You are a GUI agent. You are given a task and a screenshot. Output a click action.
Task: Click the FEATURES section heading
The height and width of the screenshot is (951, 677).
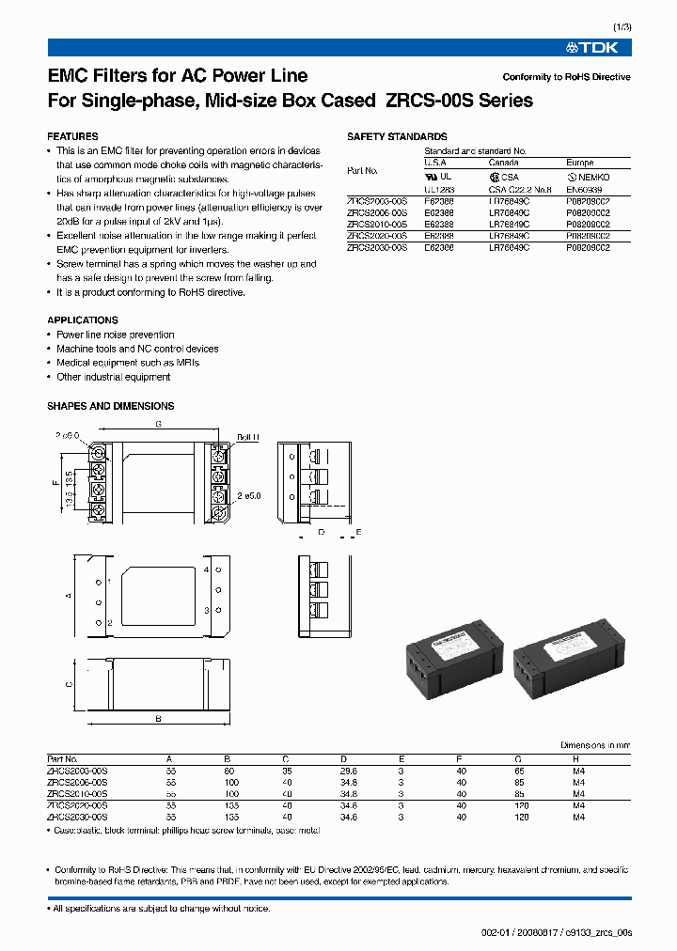coord(72,136)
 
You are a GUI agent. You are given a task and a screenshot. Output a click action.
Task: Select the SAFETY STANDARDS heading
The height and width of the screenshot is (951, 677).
coord(397,136)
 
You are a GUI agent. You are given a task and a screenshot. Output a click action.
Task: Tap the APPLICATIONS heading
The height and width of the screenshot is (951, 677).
coord(83,320)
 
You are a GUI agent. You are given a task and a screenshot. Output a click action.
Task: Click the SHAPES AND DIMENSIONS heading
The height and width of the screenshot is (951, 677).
coord(110,406)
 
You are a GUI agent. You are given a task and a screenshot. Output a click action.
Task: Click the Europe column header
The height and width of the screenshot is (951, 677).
coord(580,163)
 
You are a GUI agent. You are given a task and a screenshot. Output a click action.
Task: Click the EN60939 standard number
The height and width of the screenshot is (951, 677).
coord(583,189)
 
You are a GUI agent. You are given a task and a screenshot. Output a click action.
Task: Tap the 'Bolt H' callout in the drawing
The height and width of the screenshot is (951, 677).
coord(248,438)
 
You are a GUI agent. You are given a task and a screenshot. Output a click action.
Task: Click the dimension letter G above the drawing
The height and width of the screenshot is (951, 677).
coord(159,425)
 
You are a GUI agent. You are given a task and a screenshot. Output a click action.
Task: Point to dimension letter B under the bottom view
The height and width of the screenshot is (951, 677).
coord(158,718)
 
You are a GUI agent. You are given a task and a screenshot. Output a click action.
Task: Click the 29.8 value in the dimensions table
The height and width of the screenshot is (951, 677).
coord(349,770)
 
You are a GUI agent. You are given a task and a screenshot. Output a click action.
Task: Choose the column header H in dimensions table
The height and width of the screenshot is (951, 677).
coord(576,758)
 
